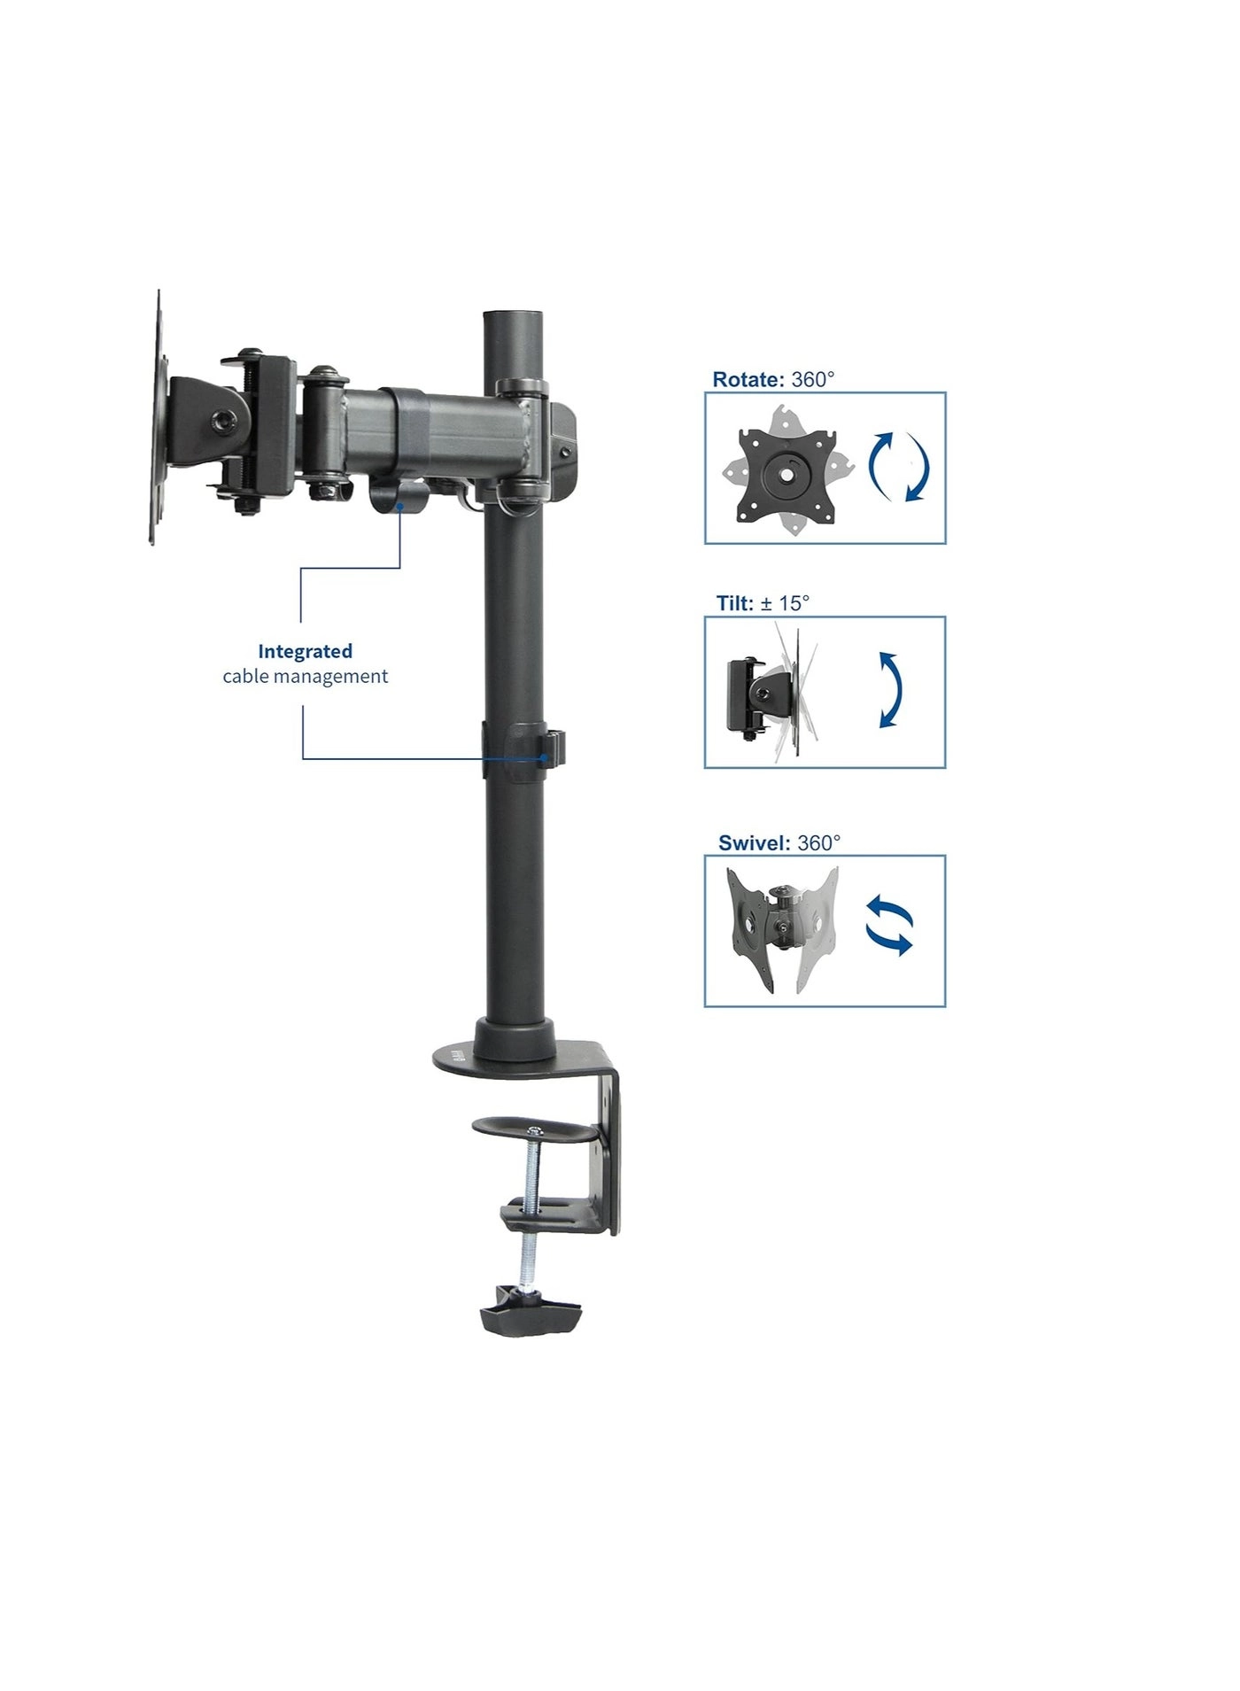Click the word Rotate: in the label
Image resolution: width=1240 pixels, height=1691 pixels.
point(748,380)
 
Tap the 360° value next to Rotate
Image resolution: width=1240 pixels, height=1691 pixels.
point(812,380)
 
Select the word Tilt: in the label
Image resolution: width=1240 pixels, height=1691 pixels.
point(734,603)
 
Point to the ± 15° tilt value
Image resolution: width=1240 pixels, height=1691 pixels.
point(785,603)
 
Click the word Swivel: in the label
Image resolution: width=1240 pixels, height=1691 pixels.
point(754,842)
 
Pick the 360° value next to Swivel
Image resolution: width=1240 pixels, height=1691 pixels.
point(818,842)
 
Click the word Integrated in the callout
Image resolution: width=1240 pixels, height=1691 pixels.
point(305,651)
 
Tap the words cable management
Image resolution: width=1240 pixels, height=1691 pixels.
point(305,677)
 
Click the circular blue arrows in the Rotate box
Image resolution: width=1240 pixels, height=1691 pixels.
point(898,467)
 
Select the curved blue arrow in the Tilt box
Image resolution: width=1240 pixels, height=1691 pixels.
point(889,691)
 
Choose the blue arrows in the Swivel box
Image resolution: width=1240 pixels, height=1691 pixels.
point(888,926)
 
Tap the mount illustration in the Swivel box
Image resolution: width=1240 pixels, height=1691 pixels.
point(781,929)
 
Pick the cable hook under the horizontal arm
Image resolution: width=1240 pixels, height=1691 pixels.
point(391,496)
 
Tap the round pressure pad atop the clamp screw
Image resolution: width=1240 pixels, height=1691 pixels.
point(533,1129)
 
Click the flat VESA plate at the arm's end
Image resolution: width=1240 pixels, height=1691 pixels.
point(159,416)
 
